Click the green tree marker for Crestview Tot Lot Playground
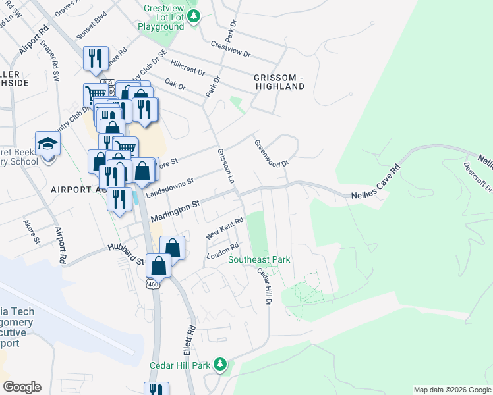[193, 16]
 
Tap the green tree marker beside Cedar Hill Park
[222, 364]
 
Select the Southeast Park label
[259, 259]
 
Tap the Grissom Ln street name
[226, 166]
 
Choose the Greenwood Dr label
[272, 153]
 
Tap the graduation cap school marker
[48, 145]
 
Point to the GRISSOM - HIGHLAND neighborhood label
[279, 82]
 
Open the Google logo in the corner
[22, 387]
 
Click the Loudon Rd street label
[222, 251]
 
